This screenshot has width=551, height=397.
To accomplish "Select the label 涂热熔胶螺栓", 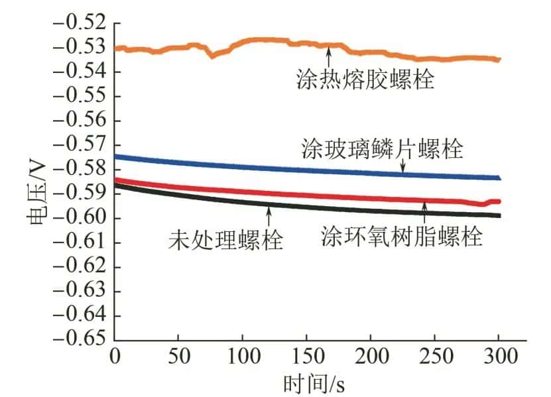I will point(365,81).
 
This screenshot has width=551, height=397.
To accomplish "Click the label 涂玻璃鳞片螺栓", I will point(381,148).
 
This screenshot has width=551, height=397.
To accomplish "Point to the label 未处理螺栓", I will point(225,238).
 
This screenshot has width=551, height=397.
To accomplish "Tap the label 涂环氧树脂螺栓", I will point(402,236).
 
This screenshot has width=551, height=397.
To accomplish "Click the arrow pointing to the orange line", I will point(330,56).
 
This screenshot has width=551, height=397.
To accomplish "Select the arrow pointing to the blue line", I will point(402,168).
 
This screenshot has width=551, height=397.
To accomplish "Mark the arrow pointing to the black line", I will point(269,215).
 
